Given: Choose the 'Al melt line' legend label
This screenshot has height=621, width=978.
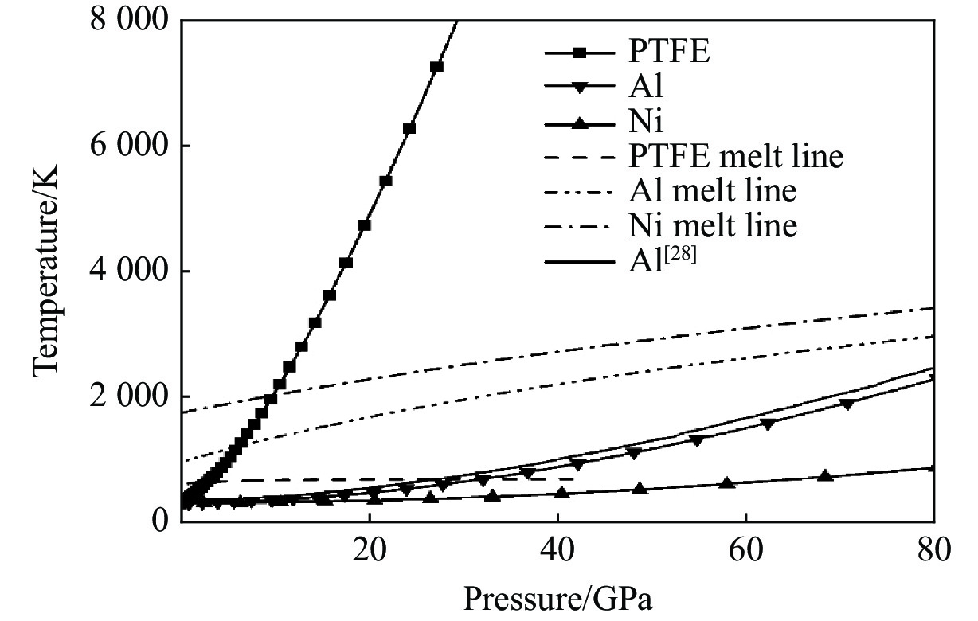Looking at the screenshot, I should [x=709, y=192].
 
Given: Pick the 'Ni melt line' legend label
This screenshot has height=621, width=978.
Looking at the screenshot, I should [x=709, y=226].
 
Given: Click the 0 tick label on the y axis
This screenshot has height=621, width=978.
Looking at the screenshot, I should [x=159, y=521].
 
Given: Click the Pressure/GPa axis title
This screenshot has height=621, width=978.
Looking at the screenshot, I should [x=557, y=599].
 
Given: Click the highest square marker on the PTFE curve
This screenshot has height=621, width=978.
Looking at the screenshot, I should [x=436, y=66].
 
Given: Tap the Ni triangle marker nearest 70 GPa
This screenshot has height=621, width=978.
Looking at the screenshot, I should [x=825, y=475].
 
